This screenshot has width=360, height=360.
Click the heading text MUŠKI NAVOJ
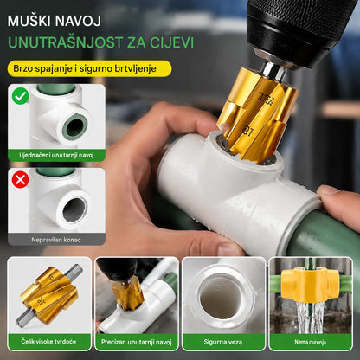(55, 21)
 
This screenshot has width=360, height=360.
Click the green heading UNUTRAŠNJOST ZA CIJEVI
(100, 42)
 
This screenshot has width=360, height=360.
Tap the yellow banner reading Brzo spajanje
(89, 68)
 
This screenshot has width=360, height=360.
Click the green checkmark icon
(20, 96)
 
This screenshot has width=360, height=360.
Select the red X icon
(20, 179)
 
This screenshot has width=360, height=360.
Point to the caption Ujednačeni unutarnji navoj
(56, 155)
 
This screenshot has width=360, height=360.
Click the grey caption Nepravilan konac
(56, 240)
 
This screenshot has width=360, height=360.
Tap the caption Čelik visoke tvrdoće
(48, 342)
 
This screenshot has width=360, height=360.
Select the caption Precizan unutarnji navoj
(137, 342)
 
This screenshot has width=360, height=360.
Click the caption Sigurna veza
(223, 342)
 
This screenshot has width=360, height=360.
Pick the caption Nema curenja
(311, 342)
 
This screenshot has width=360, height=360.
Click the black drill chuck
(297, 29)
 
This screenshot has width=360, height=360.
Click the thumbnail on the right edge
(311, 304)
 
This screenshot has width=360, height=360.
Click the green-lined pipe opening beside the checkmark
(74, 126)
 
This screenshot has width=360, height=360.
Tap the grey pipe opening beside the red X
(74, 209)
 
